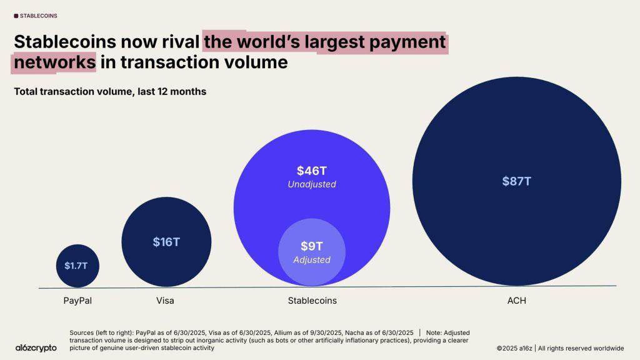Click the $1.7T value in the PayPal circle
coord(77,266)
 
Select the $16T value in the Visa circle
coord(166,242)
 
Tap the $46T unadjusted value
coord(312,170)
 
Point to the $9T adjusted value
coord(312,246)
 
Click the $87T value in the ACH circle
coord(516,181)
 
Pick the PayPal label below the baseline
coord(77,301)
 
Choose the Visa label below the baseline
coord(165,301)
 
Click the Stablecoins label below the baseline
coord(312,301)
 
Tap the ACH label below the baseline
coord(517,301)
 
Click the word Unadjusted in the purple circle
coord(312,184)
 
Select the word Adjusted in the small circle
coord(312,259)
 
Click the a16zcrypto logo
coord(36,347)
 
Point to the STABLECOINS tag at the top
coord(36,16)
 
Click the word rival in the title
coord(180,42)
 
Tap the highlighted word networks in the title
coord(55,62)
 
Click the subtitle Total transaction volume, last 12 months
coord(110,92)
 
